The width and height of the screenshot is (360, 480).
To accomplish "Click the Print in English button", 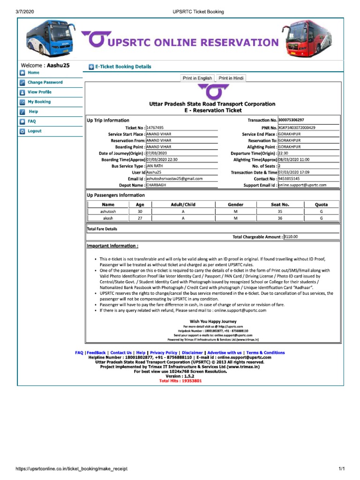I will (197, 78).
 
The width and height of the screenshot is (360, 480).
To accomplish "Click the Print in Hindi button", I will (231, 78).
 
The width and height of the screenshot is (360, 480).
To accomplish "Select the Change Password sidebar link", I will (45, 82).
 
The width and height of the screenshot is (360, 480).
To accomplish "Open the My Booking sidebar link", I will (39, 102).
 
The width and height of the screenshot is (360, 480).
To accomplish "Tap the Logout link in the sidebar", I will (34, 131).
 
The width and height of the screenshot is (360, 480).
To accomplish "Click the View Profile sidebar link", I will (39, 92).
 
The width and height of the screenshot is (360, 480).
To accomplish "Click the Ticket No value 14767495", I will (155, 127).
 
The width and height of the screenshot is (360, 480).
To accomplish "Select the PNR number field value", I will (297, 127).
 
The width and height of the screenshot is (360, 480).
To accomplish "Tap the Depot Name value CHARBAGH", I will (156, 185).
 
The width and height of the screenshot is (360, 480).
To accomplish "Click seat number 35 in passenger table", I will (280, 211).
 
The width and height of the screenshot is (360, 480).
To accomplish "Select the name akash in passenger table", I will (108, 218).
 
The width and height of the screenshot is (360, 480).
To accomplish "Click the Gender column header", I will (235, 204).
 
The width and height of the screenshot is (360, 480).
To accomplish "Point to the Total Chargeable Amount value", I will (291, 237).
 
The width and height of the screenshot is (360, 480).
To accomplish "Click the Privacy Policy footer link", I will (164, 352).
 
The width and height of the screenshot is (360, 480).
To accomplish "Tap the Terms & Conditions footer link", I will (265, 352).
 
